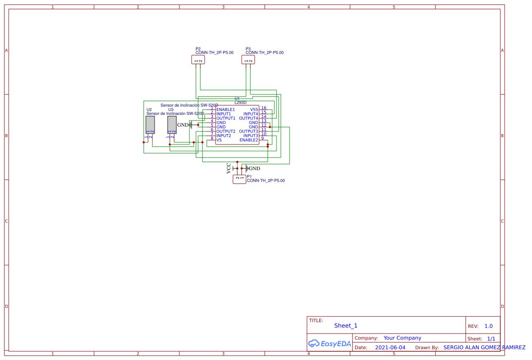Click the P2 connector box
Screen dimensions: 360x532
pos(198,60)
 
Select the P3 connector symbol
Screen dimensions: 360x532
pos(248,60)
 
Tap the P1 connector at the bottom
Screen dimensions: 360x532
pos(239,179)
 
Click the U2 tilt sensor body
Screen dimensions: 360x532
pos(150,124)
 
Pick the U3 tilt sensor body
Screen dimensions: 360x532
pos(172,124)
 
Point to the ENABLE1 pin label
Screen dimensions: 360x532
pos(226,110)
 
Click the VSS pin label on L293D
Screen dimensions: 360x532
pos(254,110)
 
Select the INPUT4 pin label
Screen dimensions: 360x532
pos(250,114)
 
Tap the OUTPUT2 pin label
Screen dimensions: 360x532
pos(226,131)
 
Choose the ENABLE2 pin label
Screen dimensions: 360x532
pos(249,140)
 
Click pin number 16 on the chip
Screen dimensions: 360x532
pos(264,108)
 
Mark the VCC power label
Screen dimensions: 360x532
pos(229,168)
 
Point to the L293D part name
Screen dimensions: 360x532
pos(240,103)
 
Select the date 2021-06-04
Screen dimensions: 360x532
pos(390,347)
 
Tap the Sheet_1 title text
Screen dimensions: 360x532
pos(346,326)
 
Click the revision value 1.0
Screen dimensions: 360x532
pos(488,326)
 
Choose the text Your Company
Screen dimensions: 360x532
pos(402,338)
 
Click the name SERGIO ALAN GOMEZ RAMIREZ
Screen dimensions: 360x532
pos(484,347)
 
